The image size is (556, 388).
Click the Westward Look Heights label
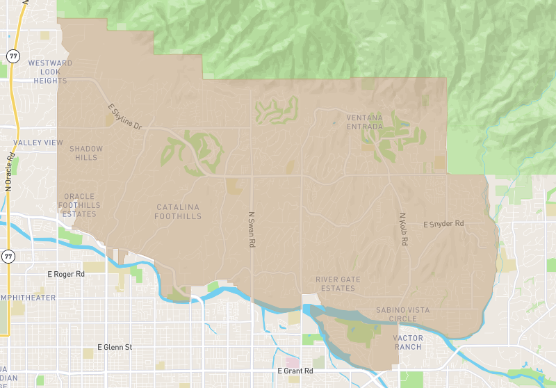tap(49, 72)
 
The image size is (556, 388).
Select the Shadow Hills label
tap(86, 153)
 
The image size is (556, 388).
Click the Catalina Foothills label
tap(179, 211)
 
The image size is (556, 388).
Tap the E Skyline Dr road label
tap(125, 118)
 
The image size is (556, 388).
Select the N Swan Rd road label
tap(252, 230)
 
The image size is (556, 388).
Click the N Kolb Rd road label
tap(402, 229)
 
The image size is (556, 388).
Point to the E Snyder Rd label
tap(443, 224)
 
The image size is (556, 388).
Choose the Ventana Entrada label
tap(364, 122)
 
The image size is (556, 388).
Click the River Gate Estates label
tap(338, 284)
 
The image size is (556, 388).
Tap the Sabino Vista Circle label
tap(403, 314)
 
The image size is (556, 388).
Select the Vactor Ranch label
tap(408, 342)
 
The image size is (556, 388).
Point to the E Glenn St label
tap(115, 347)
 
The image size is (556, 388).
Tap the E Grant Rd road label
tap(296, 371)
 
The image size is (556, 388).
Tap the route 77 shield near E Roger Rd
tap(8, 257)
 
